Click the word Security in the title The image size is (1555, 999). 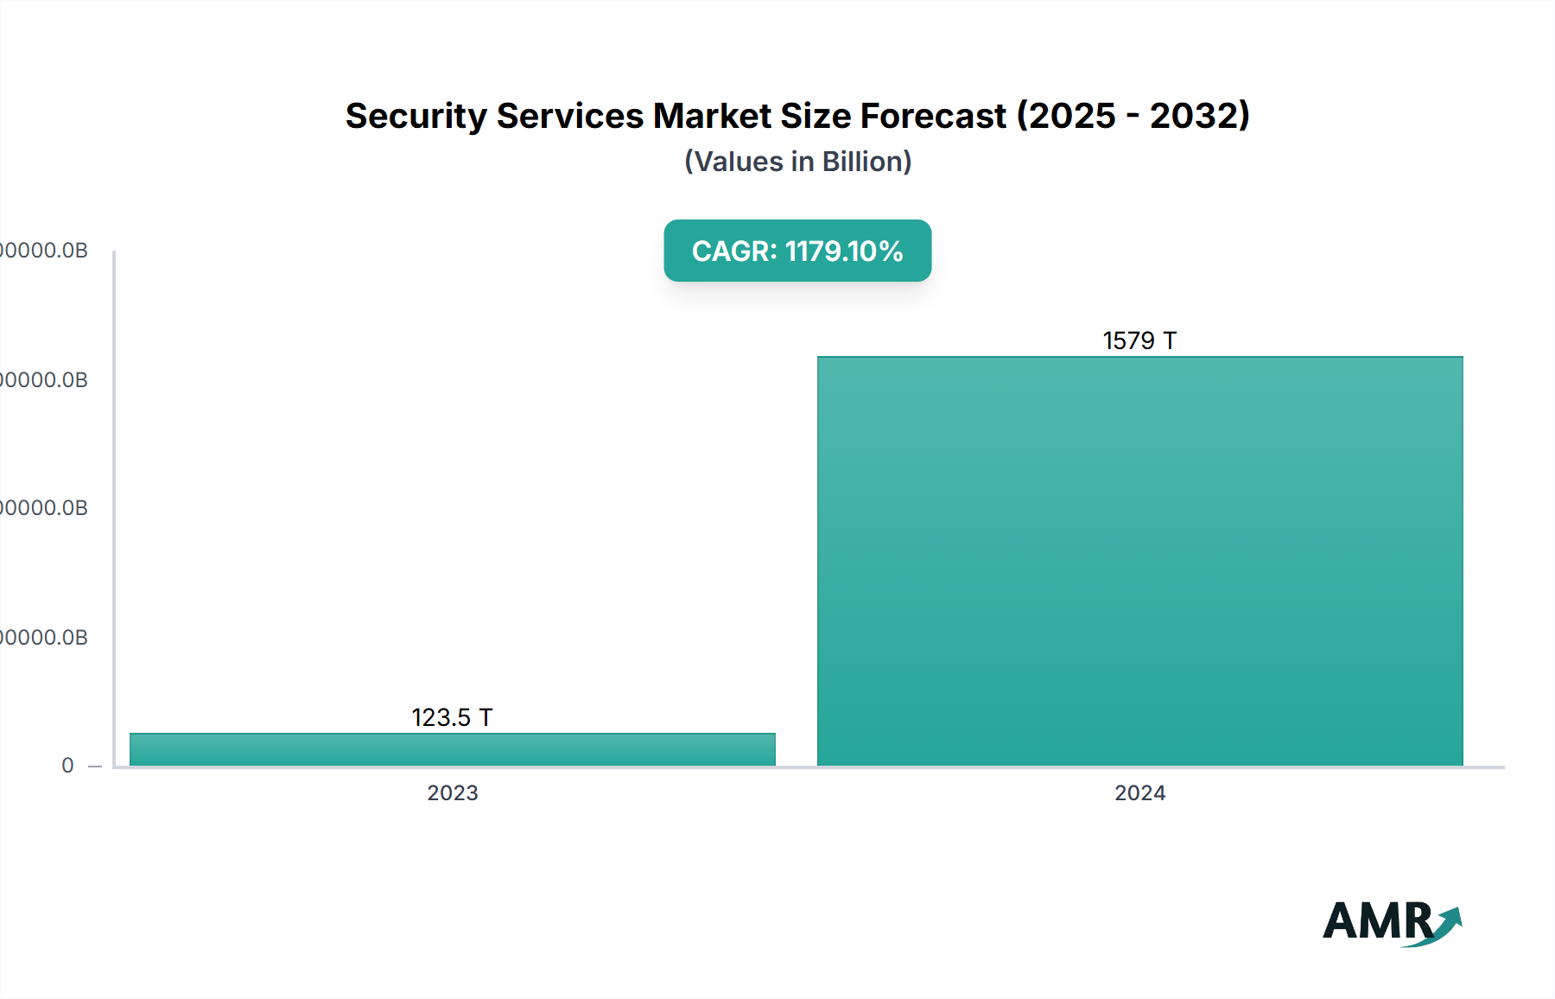coord(416,116)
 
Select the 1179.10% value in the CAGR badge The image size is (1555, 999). coord(844,251)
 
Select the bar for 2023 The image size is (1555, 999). coord(453,749)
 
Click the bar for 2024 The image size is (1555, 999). coord(1139,562)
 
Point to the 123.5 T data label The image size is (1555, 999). coord(452,717)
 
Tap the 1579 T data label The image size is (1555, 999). coord(1139,340)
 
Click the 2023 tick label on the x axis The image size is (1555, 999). coord(453,793)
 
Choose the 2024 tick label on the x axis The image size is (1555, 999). coord(1139,793)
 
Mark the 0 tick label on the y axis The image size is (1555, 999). coord(67,766)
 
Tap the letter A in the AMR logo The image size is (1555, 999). coord(1344,921)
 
